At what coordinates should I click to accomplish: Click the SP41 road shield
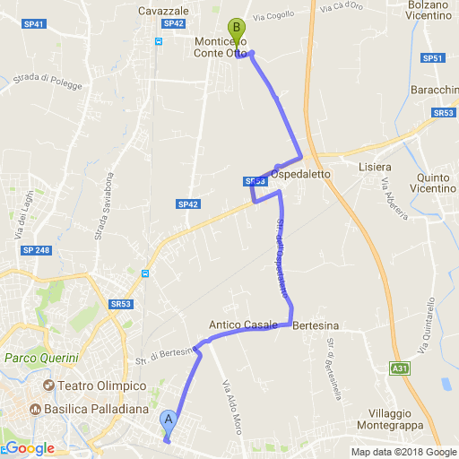pyautogui.click(x=34, y=23)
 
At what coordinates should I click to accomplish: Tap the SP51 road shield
pyautogui.click(x=431, y=58)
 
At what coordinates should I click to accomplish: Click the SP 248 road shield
pyautogui.click(x=36, y=248)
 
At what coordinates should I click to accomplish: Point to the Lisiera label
pyautogui.click(x=375, y=168)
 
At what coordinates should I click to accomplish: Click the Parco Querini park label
pyautogui.click(x=42, y=359)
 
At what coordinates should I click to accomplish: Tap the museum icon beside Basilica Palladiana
pyautogui.click(x=36, y=410)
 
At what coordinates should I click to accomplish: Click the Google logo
pyautogui.click(x=30, y=448)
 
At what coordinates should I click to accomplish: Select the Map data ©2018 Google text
pyautogui.click(x=403, y=452)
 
